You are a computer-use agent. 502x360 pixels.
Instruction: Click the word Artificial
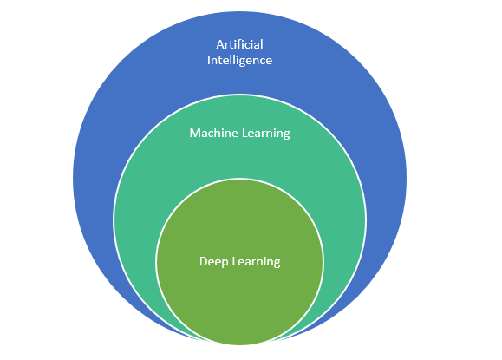[x=239, y=44]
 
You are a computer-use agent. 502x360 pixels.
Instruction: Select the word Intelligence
[x=239, y=61]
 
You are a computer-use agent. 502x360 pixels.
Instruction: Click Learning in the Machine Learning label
[x=265, y=134]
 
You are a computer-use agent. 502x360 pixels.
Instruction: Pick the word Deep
[x=213, y=262]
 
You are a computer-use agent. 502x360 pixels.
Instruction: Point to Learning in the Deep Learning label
[x=256, y=262]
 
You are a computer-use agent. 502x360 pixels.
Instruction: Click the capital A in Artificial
[x=220, y=45]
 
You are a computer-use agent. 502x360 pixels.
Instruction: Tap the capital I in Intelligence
[x=209, y=60]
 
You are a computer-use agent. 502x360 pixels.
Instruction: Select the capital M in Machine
[x=195, y=134]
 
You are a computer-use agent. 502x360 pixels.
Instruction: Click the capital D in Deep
[x=204, y=262]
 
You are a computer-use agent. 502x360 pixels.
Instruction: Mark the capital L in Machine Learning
[x=244, y=134]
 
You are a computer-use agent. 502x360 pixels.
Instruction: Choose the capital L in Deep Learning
[x=235, y=262]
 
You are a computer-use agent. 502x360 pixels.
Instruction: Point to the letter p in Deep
[x=225, y=263]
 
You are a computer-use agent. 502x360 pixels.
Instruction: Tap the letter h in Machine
[x=220, y=133]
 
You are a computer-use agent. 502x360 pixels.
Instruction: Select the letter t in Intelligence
[x=218, y=61]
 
